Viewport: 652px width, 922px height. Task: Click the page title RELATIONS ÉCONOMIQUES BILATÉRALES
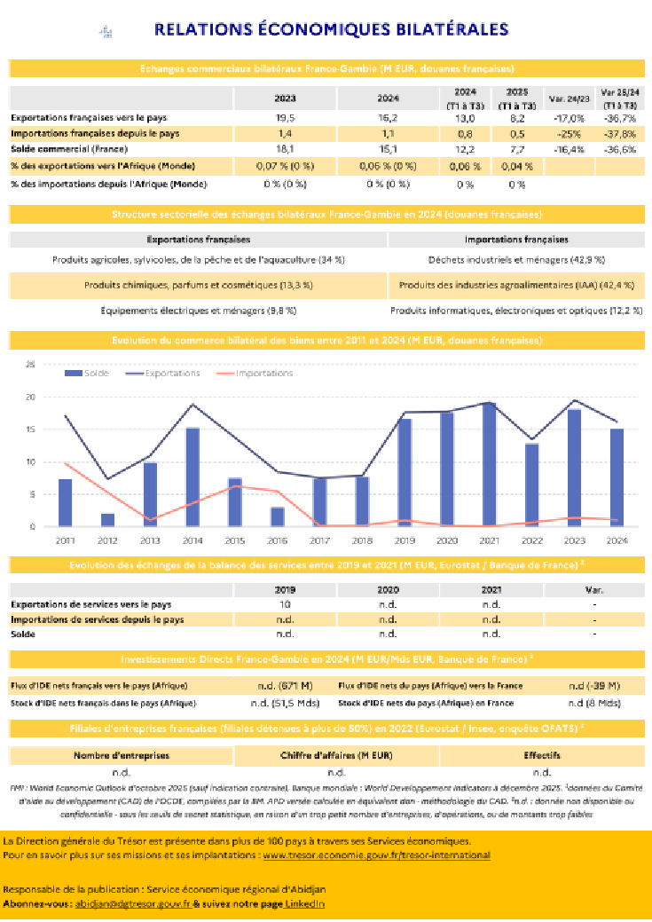[331, 30]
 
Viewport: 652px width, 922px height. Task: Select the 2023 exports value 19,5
[286, 118]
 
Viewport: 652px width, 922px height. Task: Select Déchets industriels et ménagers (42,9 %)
[516, 260]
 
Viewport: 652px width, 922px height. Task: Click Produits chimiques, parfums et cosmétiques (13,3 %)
[198, 286]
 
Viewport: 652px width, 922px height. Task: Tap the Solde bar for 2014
[192, 477]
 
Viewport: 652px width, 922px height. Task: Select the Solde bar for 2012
[107, 520]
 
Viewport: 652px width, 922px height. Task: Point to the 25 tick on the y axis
[30, 364]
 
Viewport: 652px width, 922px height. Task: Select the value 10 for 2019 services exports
[286, 604]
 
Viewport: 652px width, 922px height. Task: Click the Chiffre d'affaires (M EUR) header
[336, 756]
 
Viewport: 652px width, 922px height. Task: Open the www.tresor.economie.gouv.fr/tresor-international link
[376, 855]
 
